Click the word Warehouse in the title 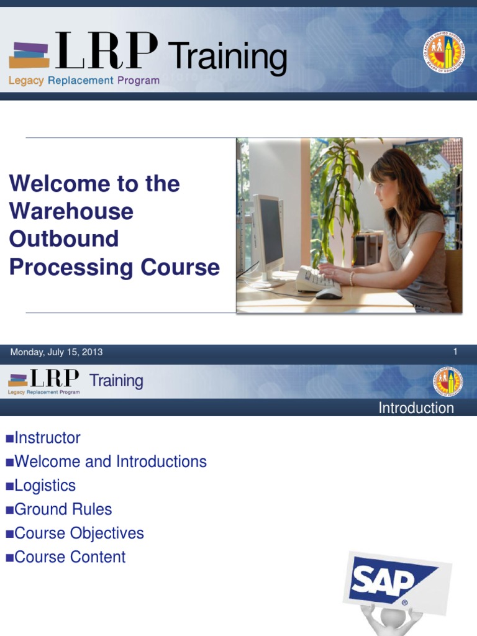(x=71, y=211)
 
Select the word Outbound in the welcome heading (x=64, y=239)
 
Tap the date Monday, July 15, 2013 (x=56, y=352)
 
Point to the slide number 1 (x=455, y=352)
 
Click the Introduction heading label (x=416, y=408)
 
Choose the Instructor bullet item (x=47, y=438)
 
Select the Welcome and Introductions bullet (x=110, y=461)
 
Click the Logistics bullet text (x=45, y=486)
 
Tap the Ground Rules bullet (x=63, y=509)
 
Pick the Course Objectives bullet (x=79, y=534)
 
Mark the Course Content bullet (x=70, y=557)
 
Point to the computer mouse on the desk (x=329, y=293)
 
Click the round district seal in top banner (x=443, y=51)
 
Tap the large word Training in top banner (x=228, y=57)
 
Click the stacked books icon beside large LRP (x=29, y=55)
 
